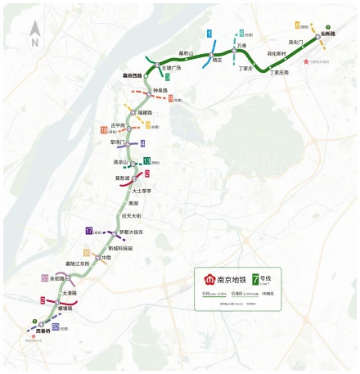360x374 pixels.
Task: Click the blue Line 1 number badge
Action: pyautogui.click(x=209, y=34)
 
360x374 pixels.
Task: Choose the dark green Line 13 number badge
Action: pyautogui.click(x=146, y=160)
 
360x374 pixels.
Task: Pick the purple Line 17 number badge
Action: pyautogui.click(x=88, y=231)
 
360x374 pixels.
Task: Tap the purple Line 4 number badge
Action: pyautogui.click(x=142, y=143)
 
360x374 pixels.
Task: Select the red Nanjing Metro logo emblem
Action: pyautogui.click(x=205, y=278)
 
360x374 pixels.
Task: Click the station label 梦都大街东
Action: pyautogui.click(x=131, y=232)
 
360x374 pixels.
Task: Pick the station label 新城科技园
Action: pyautogui.click(x=120, y=247)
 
